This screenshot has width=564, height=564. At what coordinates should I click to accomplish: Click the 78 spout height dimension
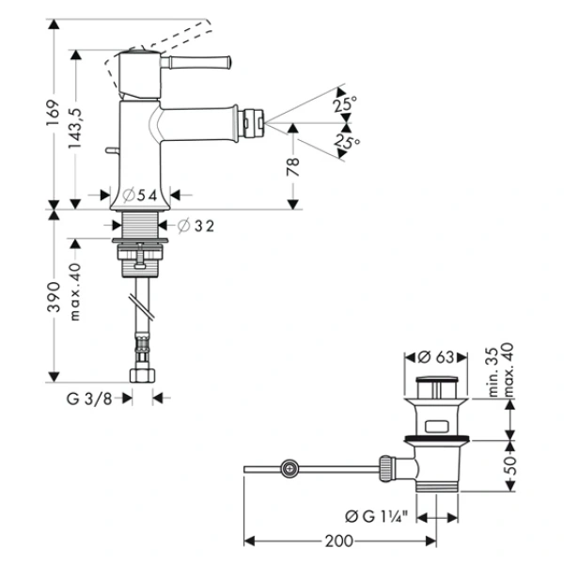(293, 164)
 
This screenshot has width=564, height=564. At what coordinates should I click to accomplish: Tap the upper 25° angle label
(345, 106)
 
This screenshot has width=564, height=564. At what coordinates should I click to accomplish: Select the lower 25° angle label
(347, 143)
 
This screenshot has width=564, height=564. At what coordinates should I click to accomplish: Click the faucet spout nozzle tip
(254, 121)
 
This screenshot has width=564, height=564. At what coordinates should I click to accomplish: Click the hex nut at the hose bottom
(143, 374)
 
